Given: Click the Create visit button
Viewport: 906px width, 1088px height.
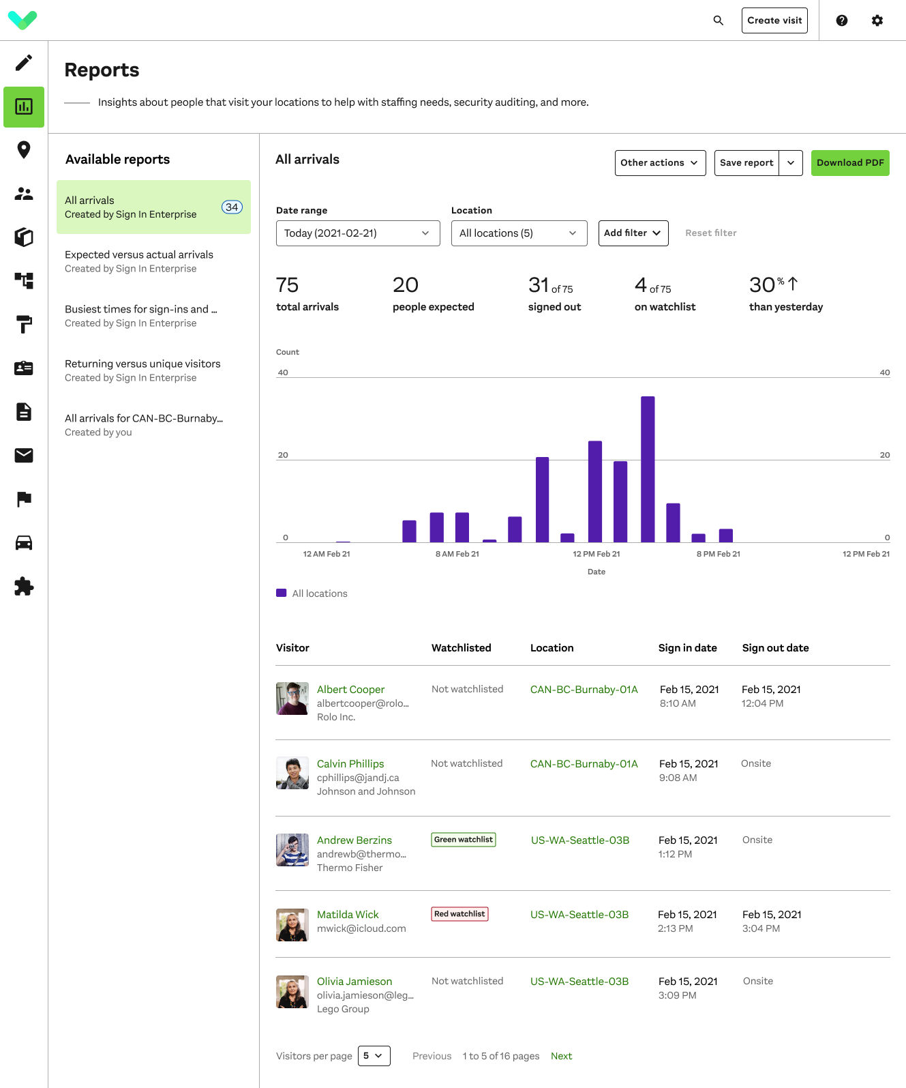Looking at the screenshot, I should tap(774, 20).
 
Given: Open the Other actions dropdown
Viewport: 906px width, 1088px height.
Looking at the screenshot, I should tap(660, 163).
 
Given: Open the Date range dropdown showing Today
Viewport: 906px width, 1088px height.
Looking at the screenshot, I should tap(358, 233).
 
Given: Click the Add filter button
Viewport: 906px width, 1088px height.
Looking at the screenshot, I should tap(633, 233).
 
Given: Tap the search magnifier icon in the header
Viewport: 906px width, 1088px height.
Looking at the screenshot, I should tap(719, 20).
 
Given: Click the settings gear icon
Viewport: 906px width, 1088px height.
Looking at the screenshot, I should tap(877, 20).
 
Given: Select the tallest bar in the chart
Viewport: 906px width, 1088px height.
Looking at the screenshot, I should tap(648, 469).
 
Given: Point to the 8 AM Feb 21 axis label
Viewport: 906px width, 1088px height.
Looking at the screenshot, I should tap(457, 554).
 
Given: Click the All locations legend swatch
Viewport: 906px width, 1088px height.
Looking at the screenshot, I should tap(282, 593).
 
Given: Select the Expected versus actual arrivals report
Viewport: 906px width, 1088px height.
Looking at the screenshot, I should tap(139, 261).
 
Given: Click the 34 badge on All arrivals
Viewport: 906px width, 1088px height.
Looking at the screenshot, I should tap(232, 207).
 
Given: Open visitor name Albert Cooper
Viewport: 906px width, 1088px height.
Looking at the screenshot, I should tap(350, 690).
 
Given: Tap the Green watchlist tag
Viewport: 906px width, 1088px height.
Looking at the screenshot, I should tap(464, 840).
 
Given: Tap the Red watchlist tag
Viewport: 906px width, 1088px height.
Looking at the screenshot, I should tap(459, 914).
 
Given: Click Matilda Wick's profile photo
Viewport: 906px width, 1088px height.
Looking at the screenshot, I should tap(292, 925).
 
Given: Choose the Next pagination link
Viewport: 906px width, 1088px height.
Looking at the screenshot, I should tap(561, 1056).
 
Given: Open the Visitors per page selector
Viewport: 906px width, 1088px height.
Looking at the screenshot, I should tap(374, 1056).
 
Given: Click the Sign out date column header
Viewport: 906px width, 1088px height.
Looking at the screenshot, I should tap(775, 648).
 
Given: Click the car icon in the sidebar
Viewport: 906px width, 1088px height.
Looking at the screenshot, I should tap(24, 543).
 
